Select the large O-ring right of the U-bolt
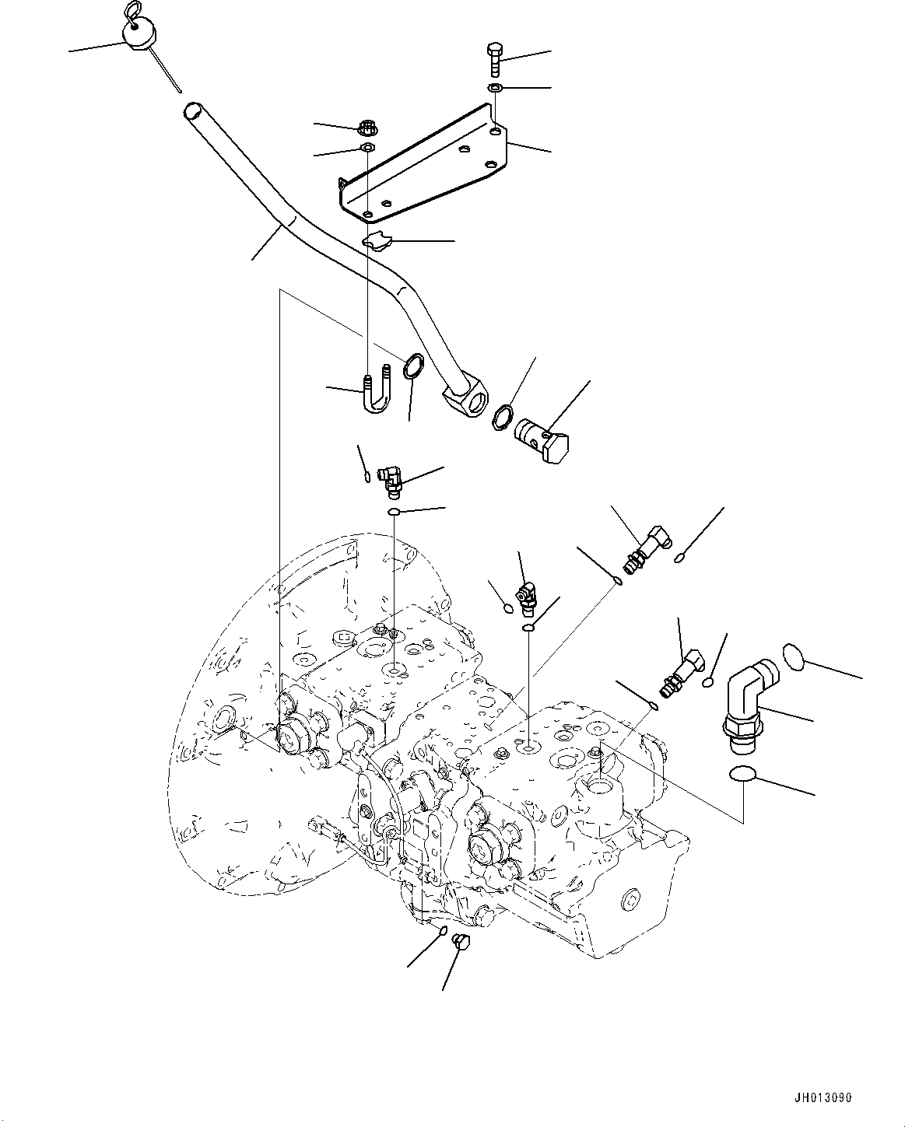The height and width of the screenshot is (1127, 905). pyautogui.click(x=413, y=366)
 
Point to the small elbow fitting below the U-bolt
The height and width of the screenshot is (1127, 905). pyautogui.click(x=391, y=480)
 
